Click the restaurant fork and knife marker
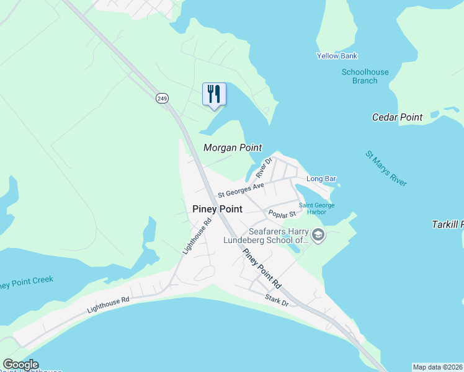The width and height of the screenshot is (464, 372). coord(214,95)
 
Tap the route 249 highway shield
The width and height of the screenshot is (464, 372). coord(162,98)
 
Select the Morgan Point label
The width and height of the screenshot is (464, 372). coord(233,148)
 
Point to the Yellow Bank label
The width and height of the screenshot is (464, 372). coord(337,56)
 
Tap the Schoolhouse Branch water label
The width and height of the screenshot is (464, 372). coord(365,76)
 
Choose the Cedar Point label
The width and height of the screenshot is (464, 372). coord(397,117)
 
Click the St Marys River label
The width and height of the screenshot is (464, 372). coord(386,168)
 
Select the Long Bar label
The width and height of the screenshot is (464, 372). coord(321,179)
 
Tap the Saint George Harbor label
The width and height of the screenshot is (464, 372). coord(316,208)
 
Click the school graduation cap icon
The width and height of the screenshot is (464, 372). coord(318,235)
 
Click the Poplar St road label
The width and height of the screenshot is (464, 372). coord(282,213)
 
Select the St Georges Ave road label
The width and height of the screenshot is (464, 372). coord(245,189)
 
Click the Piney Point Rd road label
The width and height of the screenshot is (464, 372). coord(262,268)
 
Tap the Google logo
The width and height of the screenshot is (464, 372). coord(20,365)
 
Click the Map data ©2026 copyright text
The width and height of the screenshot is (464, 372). coord(437,367)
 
